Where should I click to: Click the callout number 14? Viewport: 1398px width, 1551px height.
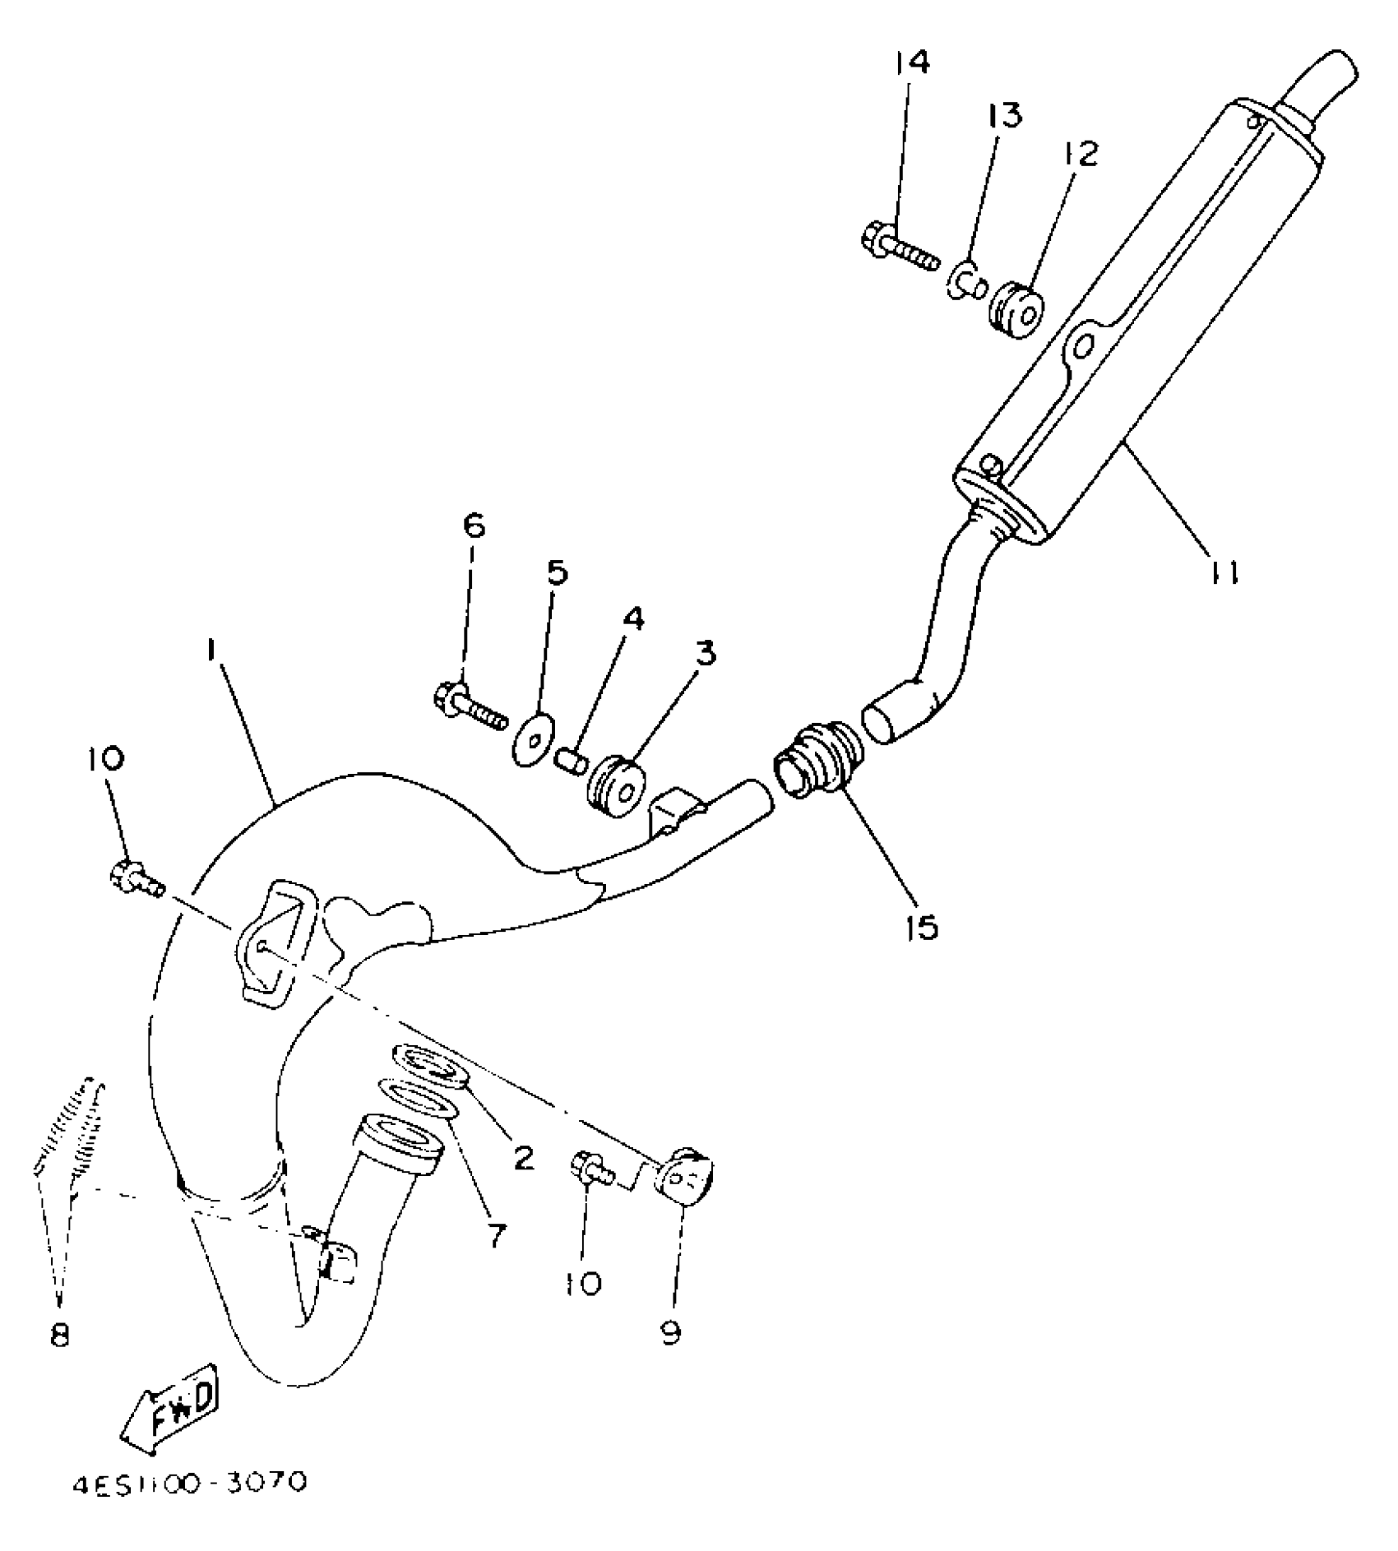tap(912, 62)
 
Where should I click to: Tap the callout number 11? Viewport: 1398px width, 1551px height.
tap(1223, 572)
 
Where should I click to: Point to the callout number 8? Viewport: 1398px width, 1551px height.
tap(59, 1335)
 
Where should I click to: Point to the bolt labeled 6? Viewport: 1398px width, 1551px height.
tap(469, 710)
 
